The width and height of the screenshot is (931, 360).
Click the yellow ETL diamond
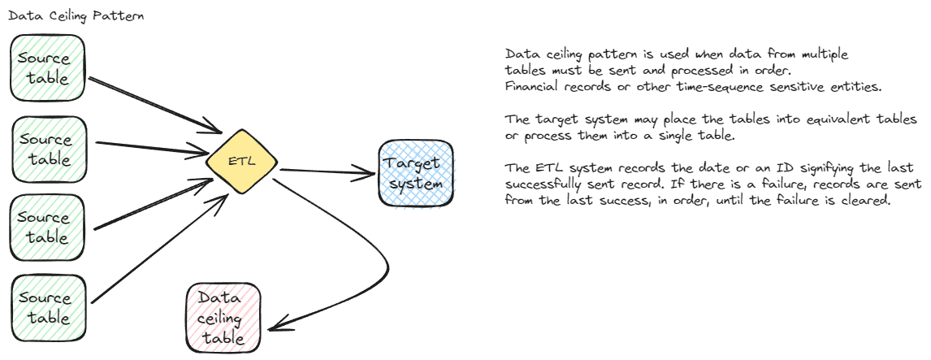pyautogui.click(x=241, y=161)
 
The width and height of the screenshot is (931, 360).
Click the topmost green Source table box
pyautogui.click(x=47, y=68)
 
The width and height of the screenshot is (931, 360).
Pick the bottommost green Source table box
pyautogui.click(x=47, y=308)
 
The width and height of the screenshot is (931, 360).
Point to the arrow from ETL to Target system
pyautogui.click(x=325, y=171)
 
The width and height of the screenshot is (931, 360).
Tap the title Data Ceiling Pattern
pyautogui.click(x=76, y=16)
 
